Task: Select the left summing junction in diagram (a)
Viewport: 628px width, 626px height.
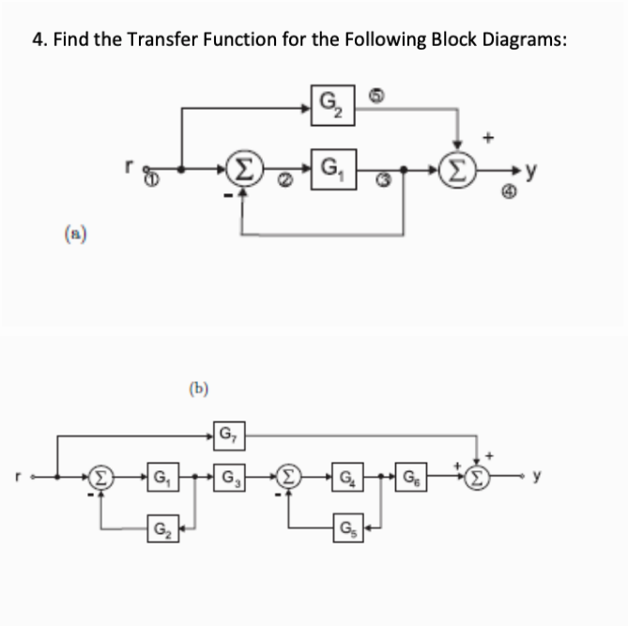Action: pos(244,171)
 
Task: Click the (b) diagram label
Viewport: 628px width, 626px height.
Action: pos(199,386)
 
